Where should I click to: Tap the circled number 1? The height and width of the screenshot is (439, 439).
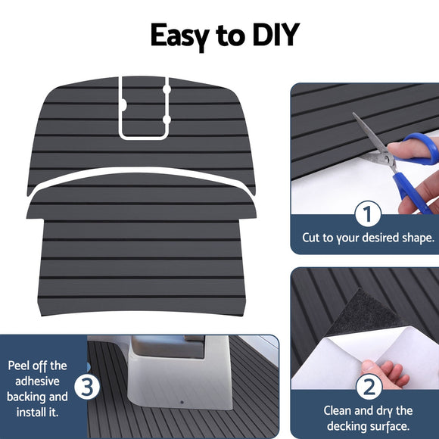(x=367, y=214)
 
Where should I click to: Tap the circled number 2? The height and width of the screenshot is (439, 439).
(x=367, y=388)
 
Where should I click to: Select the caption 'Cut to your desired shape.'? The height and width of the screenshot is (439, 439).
(x=368, y=238)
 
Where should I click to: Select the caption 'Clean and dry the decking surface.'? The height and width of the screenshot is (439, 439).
(x=368, y=418)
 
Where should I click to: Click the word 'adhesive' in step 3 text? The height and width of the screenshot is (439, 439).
(x=37, y=381)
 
